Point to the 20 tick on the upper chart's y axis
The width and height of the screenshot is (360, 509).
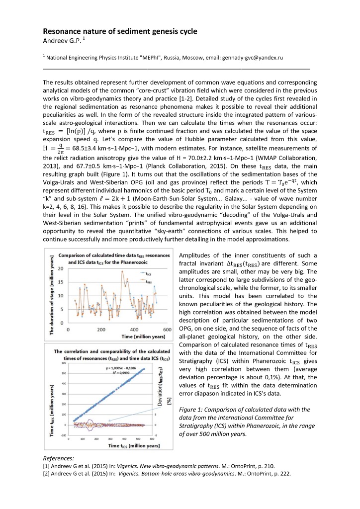(x=61, y=268)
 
